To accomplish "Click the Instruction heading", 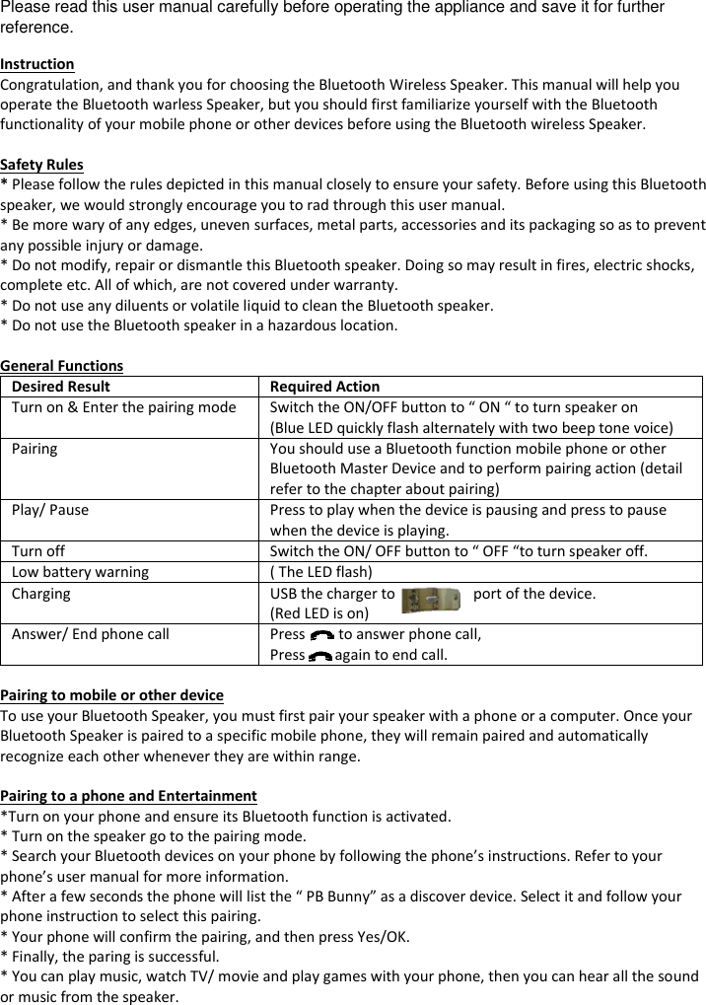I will [x=36, y=64].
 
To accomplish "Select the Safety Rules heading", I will [x=41, y=165].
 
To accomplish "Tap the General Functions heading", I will [x=62, y=366].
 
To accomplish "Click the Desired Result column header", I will [x=61, y=387].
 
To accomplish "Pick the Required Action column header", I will [x=324, y=387].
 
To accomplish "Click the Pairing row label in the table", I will [x=35, y=449].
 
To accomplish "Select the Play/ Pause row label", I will [x=50, y=510].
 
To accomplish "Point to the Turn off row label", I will [x=38, y=551].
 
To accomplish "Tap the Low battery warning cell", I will [x=81, y=572].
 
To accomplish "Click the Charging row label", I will [x=41, y=594].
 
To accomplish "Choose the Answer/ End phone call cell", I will [x=91, y=634].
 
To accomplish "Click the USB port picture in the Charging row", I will [x=431, y=599].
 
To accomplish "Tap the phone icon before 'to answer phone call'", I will [x=321, y=636].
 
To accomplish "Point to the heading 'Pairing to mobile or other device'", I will [x=111, y=695].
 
